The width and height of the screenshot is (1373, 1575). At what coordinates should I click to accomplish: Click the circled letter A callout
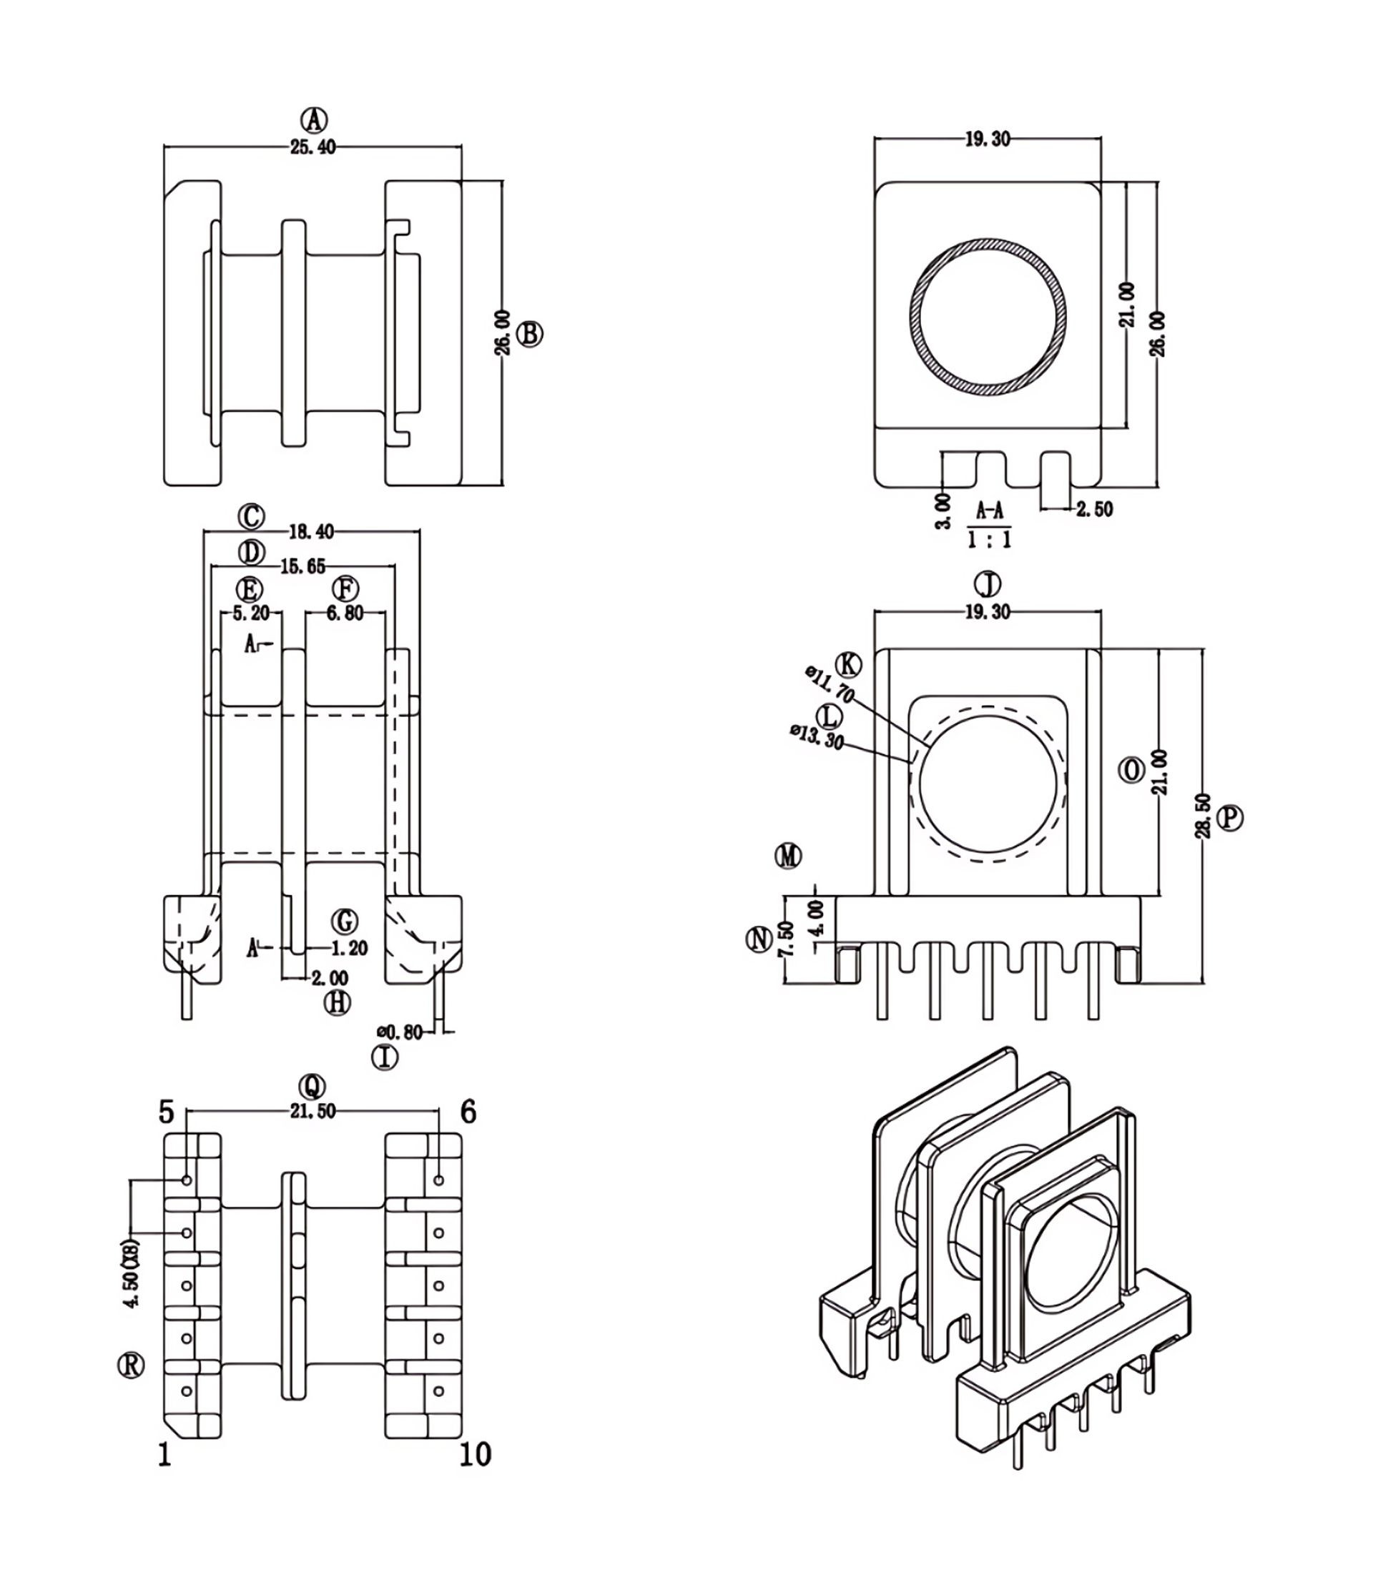313,120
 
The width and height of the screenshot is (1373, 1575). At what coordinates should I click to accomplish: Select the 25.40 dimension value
313,148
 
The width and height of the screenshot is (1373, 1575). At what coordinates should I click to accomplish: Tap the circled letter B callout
530,334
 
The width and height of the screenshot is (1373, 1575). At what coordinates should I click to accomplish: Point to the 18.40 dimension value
312,532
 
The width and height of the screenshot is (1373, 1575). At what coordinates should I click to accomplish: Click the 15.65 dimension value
302,566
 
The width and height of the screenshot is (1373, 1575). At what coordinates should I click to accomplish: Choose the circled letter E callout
249,589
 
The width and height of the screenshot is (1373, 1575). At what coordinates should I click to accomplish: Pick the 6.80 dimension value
345,613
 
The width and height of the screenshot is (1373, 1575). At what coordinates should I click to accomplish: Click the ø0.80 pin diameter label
400,1032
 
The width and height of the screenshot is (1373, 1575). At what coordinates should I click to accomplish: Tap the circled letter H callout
337,1003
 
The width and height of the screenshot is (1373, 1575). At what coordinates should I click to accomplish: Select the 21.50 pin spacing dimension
313,1112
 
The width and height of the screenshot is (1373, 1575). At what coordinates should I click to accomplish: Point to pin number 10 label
475,1454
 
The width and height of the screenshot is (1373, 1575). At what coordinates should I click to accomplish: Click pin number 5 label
166,1112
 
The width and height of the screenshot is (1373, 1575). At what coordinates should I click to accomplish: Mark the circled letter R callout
131,1364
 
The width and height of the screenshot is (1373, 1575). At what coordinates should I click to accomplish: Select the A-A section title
989,510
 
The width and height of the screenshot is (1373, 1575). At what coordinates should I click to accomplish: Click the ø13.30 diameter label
817,738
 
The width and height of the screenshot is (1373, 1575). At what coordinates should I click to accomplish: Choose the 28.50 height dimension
1203,816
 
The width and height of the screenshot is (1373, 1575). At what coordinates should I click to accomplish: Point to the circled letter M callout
788,855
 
